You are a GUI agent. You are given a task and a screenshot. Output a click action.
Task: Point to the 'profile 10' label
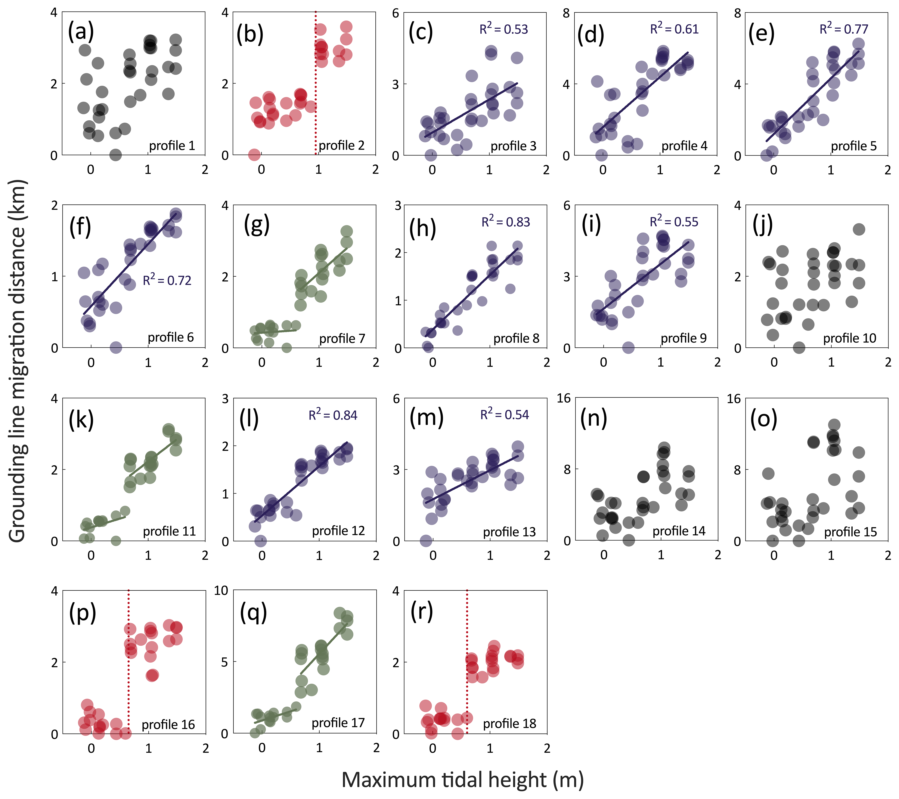tap(849, 338)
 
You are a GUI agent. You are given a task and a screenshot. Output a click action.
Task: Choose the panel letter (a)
tap(81, 33)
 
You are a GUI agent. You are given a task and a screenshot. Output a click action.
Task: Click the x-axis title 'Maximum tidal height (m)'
tap(462, 780)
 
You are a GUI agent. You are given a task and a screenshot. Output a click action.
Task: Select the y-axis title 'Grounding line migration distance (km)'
tap(18, 361)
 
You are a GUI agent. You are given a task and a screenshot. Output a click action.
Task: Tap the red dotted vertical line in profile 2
tap(315, 88)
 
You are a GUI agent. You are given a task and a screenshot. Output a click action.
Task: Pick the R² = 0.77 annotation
tap(844, 29)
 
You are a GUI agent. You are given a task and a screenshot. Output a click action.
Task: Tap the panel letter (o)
tap(763, 418)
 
